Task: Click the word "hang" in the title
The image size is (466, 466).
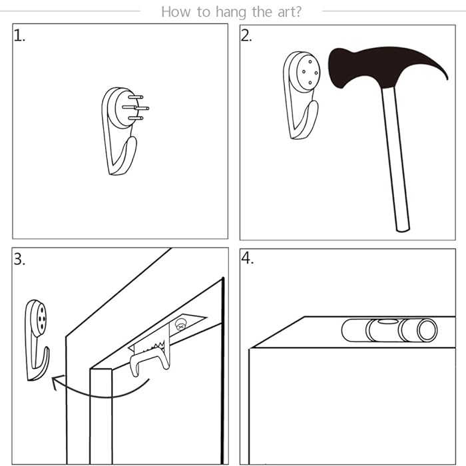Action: click(x=231, y=13)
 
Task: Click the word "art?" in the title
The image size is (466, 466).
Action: click(x=290, y=12)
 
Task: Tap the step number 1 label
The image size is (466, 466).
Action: click(x=19, y=36)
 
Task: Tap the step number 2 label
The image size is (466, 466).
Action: click(x=246, y=36)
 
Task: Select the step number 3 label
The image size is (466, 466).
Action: click(x=19, y=259)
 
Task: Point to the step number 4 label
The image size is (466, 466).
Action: click(x=247, y=258)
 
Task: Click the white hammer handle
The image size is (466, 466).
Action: click(x=396, y=159)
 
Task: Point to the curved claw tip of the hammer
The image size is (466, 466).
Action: click(x=447, y=78)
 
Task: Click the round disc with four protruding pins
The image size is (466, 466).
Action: click(x=124, y=108)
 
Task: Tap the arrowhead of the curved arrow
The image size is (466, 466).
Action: click(x=57, y=382)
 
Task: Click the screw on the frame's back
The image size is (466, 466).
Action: click(x=180, y=324)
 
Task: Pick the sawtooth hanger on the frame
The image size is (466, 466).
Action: click(x=148, y=347)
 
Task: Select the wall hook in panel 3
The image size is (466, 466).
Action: click(x=37, y=340)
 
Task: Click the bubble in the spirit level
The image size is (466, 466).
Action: click(x=387, y=322)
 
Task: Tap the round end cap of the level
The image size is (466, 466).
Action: click(x=427, y=330)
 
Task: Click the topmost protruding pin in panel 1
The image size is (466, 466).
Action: click(x=136, y=97)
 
